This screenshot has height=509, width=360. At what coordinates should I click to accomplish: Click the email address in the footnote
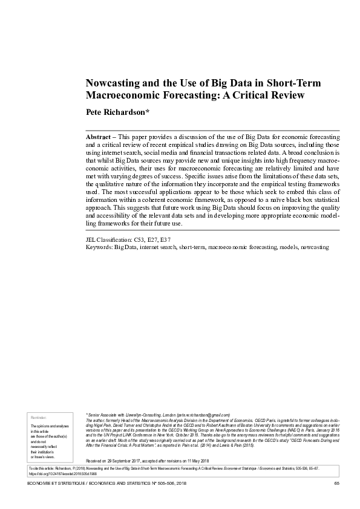coord(204,415)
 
